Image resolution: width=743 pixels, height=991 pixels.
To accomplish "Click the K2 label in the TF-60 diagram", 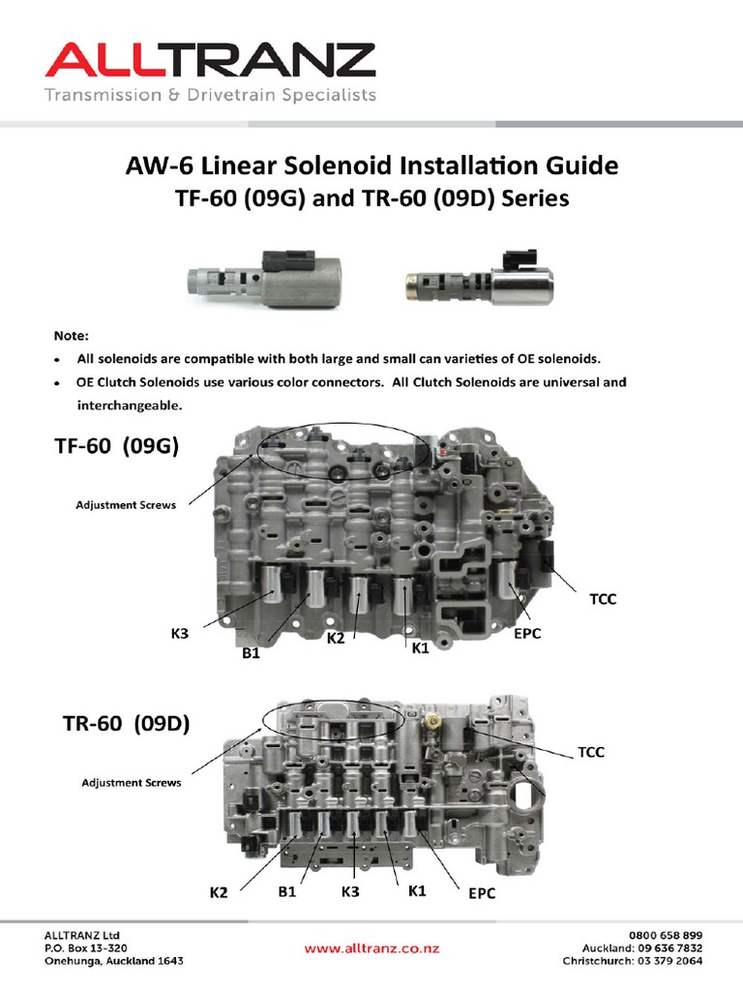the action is (x=336, y=638).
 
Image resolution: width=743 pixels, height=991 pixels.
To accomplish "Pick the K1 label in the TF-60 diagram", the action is (x=420, y=647).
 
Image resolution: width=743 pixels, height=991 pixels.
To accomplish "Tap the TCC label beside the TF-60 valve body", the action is (x=604, y=600).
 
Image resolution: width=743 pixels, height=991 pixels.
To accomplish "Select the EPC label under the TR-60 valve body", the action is (x=482, y=893).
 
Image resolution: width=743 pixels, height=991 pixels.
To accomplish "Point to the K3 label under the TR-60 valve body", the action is (x=349, y=891).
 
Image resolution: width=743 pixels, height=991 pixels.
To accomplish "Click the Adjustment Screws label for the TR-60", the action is (x=131, y=782).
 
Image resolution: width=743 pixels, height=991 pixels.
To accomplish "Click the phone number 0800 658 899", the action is (x=665, y=935).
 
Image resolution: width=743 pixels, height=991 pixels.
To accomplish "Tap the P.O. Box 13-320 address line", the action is (x=86, y=947).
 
